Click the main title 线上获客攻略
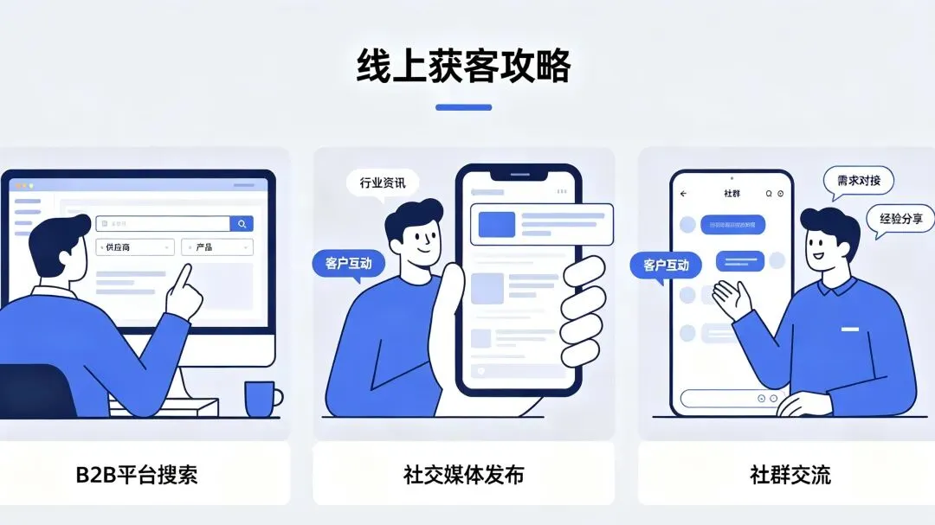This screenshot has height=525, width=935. pyautogui.click(x=464, y=67)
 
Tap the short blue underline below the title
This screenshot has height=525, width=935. pyautogui.click(x=463, y=107)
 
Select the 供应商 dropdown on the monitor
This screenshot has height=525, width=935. pyautogui.click(x=135, y=247)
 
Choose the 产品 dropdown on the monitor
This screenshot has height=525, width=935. pyautogui.click(x=216, y=247)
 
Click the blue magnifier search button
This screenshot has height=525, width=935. pyautogui.click(x=242, y=224)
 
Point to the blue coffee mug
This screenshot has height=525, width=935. pyautogui.click(x=261, y=399)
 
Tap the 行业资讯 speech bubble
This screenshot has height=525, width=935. pyautogui.click(x=382, y=183)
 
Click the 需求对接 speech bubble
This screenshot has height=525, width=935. pyautogui.click(x=858, y=182)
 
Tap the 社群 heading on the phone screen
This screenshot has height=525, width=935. pyautogui.click(x=731, y=194)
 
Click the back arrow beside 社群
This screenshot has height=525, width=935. pyautogui.click(x=683, y=194)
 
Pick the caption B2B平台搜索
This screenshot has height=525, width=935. pyautogui.click(x=136, y=474)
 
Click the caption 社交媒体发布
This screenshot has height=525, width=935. pyautogui.click(x=463, y=474)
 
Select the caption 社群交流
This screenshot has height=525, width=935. pyautogui.click(x=790, y=474)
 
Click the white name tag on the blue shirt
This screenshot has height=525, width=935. pyautogui.click(x=849, y=330)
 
